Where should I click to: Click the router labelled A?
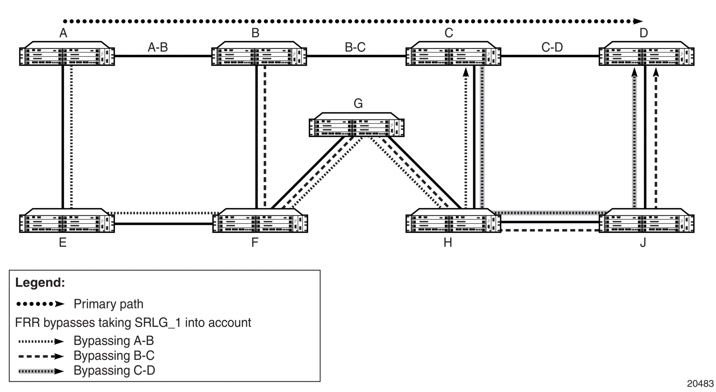click(67, 53)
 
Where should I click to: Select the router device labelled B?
click(259, 53)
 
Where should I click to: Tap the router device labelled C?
click(453, 53)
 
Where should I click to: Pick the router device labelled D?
click(647, 53)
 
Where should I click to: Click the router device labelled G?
click(356, 125)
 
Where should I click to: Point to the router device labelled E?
click(67, 221)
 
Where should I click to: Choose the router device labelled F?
click(260, 221)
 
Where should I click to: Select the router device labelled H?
click(453, 221)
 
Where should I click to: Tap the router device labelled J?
click(647, 221)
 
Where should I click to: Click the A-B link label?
click(158, 47)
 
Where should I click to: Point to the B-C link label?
click(355, 47)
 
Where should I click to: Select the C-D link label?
click(552, 47)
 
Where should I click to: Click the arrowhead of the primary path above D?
click(638, 21)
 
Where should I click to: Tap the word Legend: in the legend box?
click(40, 282)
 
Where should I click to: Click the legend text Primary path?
click(108, 304)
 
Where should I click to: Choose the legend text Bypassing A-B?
click(114, 341)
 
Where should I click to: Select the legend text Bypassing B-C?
click(114, 356)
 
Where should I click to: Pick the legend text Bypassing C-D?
click(114, 371)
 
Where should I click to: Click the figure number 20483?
click(700, 383)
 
